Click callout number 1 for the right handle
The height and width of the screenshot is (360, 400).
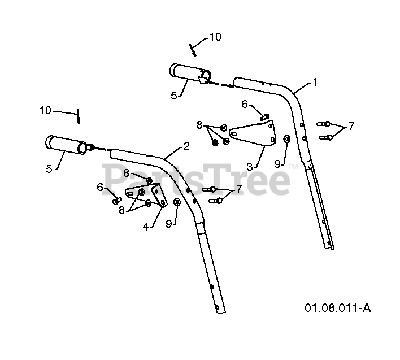(315, 82)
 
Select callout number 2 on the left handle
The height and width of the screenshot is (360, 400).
(186, 146)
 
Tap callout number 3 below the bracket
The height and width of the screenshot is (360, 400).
(249, 167)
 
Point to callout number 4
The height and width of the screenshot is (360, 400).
(146, 227)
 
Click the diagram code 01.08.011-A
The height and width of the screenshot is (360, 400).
(338, 308)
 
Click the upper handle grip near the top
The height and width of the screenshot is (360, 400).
(190, 73)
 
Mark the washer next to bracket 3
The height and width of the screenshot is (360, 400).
(286, 138)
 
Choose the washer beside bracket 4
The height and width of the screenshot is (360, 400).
(177, 202)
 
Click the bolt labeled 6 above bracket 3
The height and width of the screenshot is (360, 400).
(264, 116)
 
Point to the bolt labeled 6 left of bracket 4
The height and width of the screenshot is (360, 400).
(116, 199)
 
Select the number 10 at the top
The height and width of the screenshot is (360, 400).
(215, 37)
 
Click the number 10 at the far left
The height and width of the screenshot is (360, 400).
(46, 110)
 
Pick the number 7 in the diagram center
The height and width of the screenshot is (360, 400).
(238, 189)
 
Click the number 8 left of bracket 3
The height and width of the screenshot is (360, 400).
(199, 125)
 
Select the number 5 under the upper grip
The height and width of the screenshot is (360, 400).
(174, 96)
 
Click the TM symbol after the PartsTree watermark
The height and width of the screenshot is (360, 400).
(292, 167)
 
